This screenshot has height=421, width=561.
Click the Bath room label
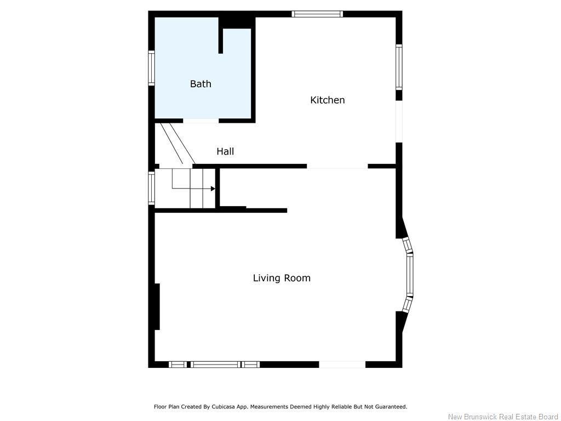[201, 84]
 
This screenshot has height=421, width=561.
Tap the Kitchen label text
[328, 100]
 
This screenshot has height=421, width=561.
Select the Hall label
[225, 151]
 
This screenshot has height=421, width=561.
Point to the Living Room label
[282, 278]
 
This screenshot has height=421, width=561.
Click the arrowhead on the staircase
[213, 189]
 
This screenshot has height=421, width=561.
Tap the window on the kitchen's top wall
[317, 14]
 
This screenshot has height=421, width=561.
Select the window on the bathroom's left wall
[151, 68]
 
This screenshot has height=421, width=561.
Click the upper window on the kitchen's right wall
[399, 67]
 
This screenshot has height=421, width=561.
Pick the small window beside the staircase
[151, 188]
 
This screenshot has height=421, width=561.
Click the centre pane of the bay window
[410, 275]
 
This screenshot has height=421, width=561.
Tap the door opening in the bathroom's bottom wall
[201, 121]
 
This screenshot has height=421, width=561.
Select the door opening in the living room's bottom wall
[342, 364]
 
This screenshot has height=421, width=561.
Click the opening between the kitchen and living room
[337, 167]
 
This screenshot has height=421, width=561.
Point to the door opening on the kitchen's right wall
[399, 122]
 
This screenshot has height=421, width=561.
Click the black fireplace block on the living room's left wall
[157, 306]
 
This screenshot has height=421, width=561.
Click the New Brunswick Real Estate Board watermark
[503, 417]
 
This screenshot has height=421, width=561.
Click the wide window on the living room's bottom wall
[215, 364]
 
